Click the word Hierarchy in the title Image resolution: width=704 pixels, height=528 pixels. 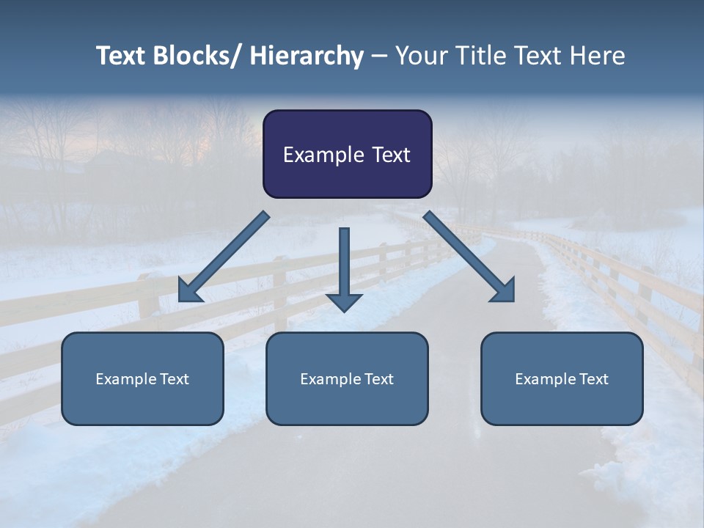click(307, 56)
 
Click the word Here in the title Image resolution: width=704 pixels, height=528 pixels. click(598, 56)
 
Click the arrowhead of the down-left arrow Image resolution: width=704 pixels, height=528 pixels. click(189, 291)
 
